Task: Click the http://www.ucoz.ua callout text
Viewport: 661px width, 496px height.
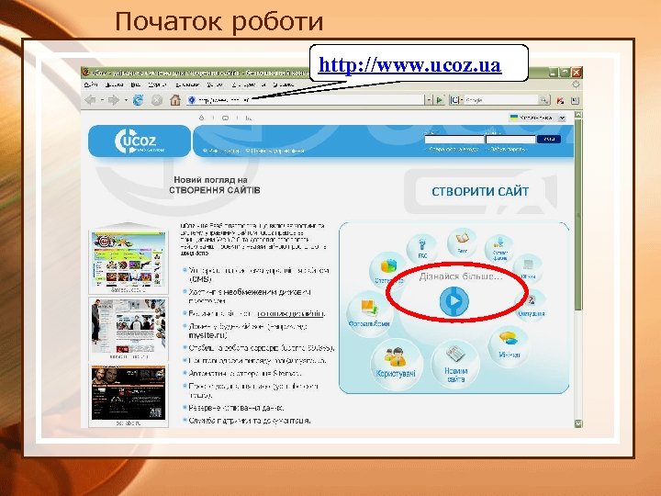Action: tap(409, 65)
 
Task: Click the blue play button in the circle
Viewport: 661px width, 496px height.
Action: tap(454, 300)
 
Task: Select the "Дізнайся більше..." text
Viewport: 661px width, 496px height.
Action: tap(461, 276)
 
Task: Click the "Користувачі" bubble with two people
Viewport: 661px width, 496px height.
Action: tap(396, 359)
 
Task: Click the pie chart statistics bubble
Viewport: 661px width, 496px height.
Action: tap(387, 267)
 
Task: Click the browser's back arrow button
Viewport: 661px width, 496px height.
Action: tap(90, 98)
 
